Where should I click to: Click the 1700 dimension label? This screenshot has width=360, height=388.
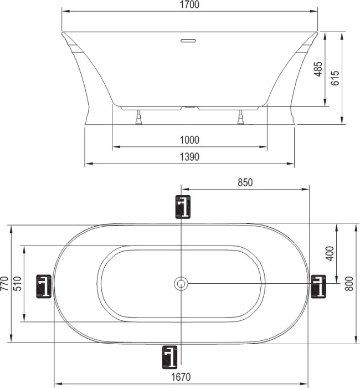pos(189,4)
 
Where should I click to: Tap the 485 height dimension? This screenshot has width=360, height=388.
pos(318,69)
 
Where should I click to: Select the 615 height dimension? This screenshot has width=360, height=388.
pos(335,78)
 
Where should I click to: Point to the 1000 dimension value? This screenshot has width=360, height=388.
pos(189,140)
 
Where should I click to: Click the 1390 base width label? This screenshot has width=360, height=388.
pos(189,157)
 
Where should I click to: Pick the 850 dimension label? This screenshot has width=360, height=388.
pos(245,182)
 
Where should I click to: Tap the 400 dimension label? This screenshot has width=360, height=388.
pos(330,253)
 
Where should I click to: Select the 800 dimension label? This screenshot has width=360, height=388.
pos(349,284)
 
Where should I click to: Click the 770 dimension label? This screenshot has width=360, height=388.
pos(4,284)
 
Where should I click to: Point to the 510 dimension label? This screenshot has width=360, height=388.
pos(17,284)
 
